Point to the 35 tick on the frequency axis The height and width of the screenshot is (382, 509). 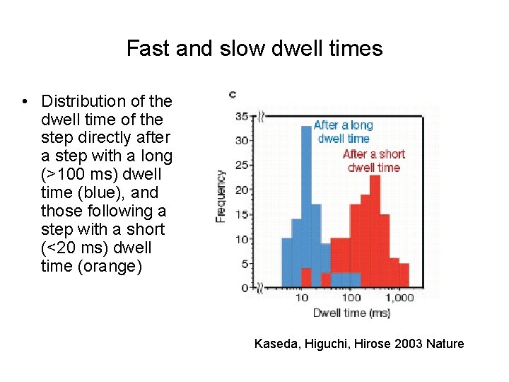pyautogui.click(x=241, y=116)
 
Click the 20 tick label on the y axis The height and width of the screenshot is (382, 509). pyautogui.click(x=241, y=190)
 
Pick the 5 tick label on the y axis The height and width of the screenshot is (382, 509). pyautogui.click(x=244, y=264)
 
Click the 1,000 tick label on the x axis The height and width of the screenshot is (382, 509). pyautogui.click(x=401, y=298)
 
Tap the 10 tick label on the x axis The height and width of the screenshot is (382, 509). pyautogui.click(x=302, y=298)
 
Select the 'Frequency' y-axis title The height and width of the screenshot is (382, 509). pyautogui.click(x=221, y=196)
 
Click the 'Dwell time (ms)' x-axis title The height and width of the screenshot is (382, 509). pyautogui.click(x=351, y=313)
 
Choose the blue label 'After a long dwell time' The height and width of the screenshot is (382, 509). pyautogui.click(x=343, y=132)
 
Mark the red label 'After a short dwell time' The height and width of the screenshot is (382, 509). pyautogui.click(x=373, y=161)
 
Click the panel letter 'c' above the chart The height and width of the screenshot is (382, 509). pyautogui.click(x=233, y=93)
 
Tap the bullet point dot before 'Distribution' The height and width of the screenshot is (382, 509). pyautogui.click(x=25, y=102)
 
